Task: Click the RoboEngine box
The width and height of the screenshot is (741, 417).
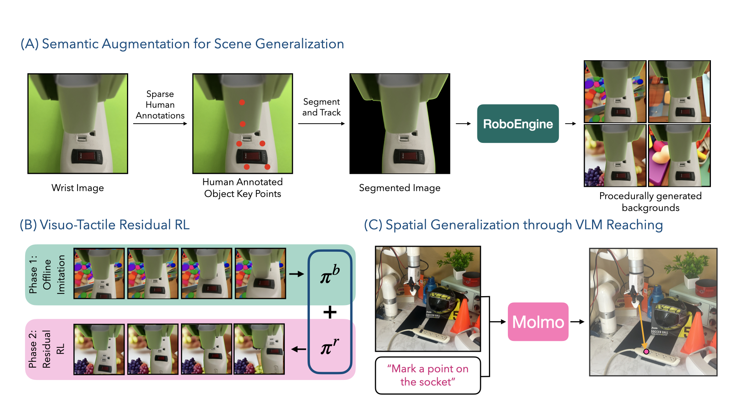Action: tap(518, 124)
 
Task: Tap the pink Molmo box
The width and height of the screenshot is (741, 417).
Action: tap(538, 322)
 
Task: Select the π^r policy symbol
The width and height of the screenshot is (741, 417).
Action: tap(330, 346)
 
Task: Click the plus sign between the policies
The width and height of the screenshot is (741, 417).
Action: tap(330, 312)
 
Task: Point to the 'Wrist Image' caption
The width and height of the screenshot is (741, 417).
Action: tap(78, 188)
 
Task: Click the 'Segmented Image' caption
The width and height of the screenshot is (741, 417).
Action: tap(399, 188)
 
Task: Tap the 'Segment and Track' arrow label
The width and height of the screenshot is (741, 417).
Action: tap(321, 107)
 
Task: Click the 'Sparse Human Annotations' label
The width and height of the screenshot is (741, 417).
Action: tap(160, 105)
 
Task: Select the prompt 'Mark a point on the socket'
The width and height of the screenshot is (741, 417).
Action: tap(428, 375)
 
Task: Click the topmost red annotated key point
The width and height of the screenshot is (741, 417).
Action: tap(242, 102)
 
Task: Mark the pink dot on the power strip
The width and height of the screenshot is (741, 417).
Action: tap(646, 352)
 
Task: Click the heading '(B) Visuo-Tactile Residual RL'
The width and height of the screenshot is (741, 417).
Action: tap(105, 225)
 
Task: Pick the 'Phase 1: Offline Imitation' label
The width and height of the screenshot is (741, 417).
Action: tap(46, 275)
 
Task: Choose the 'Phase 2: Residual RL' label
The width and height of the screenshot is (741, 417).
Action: tap(46, 349)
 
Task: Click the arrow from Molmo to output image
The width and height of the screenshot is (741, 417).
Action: tap(577, 322)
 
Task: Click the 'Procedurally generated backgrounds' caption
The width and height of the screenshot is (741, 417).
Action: tap(650, 202)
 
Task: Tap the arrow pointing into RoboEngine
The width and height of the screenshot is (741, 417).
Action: tap(463, 124)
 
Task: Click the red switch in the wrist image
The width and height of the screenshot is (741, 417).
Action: tap(86, 156)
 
